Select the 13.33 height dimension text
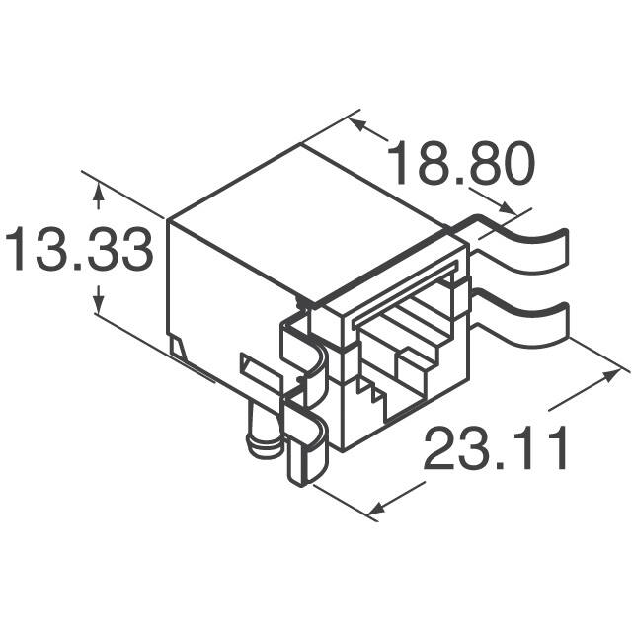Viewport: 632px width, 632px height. [79, 251]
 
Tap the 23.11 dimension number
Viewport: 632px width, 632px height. [497, 451]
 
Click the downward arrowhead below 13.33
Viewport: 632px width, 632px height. [98, 303]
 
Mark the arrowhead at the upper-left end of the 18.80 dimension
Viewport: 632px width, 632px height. [358, 126]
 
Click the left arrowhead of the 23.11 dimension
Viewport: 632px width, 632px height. [377, 509]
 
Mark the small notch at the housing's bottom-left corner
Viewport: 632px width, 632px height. [178, 346]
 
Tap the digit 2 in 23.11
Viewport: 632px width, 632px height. [442, 451]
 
